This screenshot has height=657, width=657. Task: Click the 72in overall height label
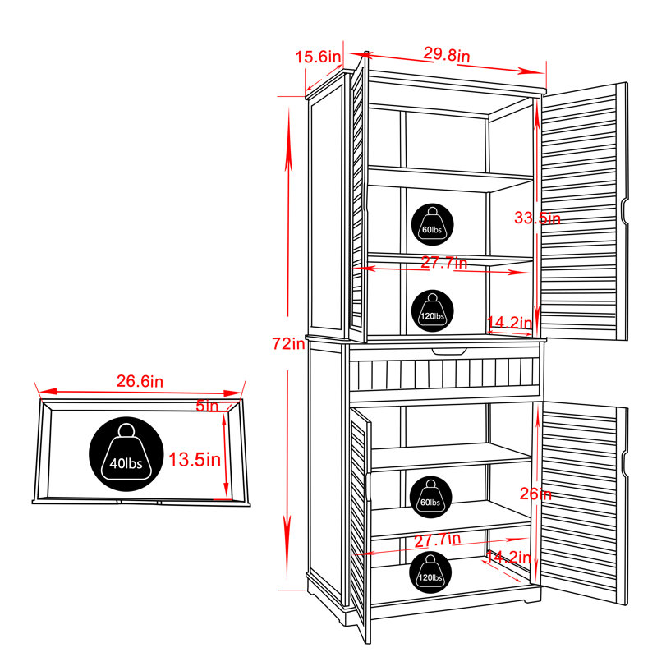click(289, 343)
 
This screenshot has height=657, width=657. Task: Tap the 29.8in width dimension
click(446, 54)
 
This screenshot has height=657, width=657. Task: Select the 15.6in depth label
click(319, 57)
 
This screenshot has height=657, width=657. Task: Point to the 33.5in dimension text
click(537, 218)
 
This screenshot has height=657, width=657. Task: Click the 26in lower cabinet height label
click(535, 494)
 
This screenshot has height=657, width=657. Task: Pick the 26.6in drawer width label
click(140, 381)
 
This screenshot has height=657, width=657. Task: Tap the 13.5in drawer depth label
click(195, 460)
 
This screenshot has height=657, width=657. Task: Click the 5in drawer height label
click(208, 406)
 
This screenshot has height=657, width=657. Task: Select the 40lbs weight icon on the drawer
click(126, 454)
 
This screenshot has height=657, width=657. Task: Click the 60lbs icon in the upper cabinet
click(433, 224)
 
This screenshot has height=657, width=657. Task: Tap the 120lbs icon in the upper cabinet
click(433, 311)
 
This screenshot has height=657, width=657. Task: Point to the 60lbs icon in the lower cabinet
click(430, 498)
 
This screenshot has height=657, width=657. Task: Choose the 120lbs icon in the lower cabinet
click(430, 572)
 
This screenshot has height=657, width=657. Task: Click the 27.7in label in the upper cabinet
click(443, 263)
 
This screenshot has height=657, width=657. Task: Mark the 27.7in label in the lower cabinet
click(438, 540)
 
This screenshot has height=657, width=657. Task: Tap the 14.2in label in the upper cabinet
click(509, 323)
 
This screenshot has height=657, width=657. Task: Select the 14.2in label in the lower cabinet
click(508, 557)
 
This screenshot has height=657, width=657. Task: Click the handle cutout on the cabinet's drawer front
click(449, 351)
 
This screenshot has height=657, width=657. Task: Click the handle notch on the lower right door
click(624, 464)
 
